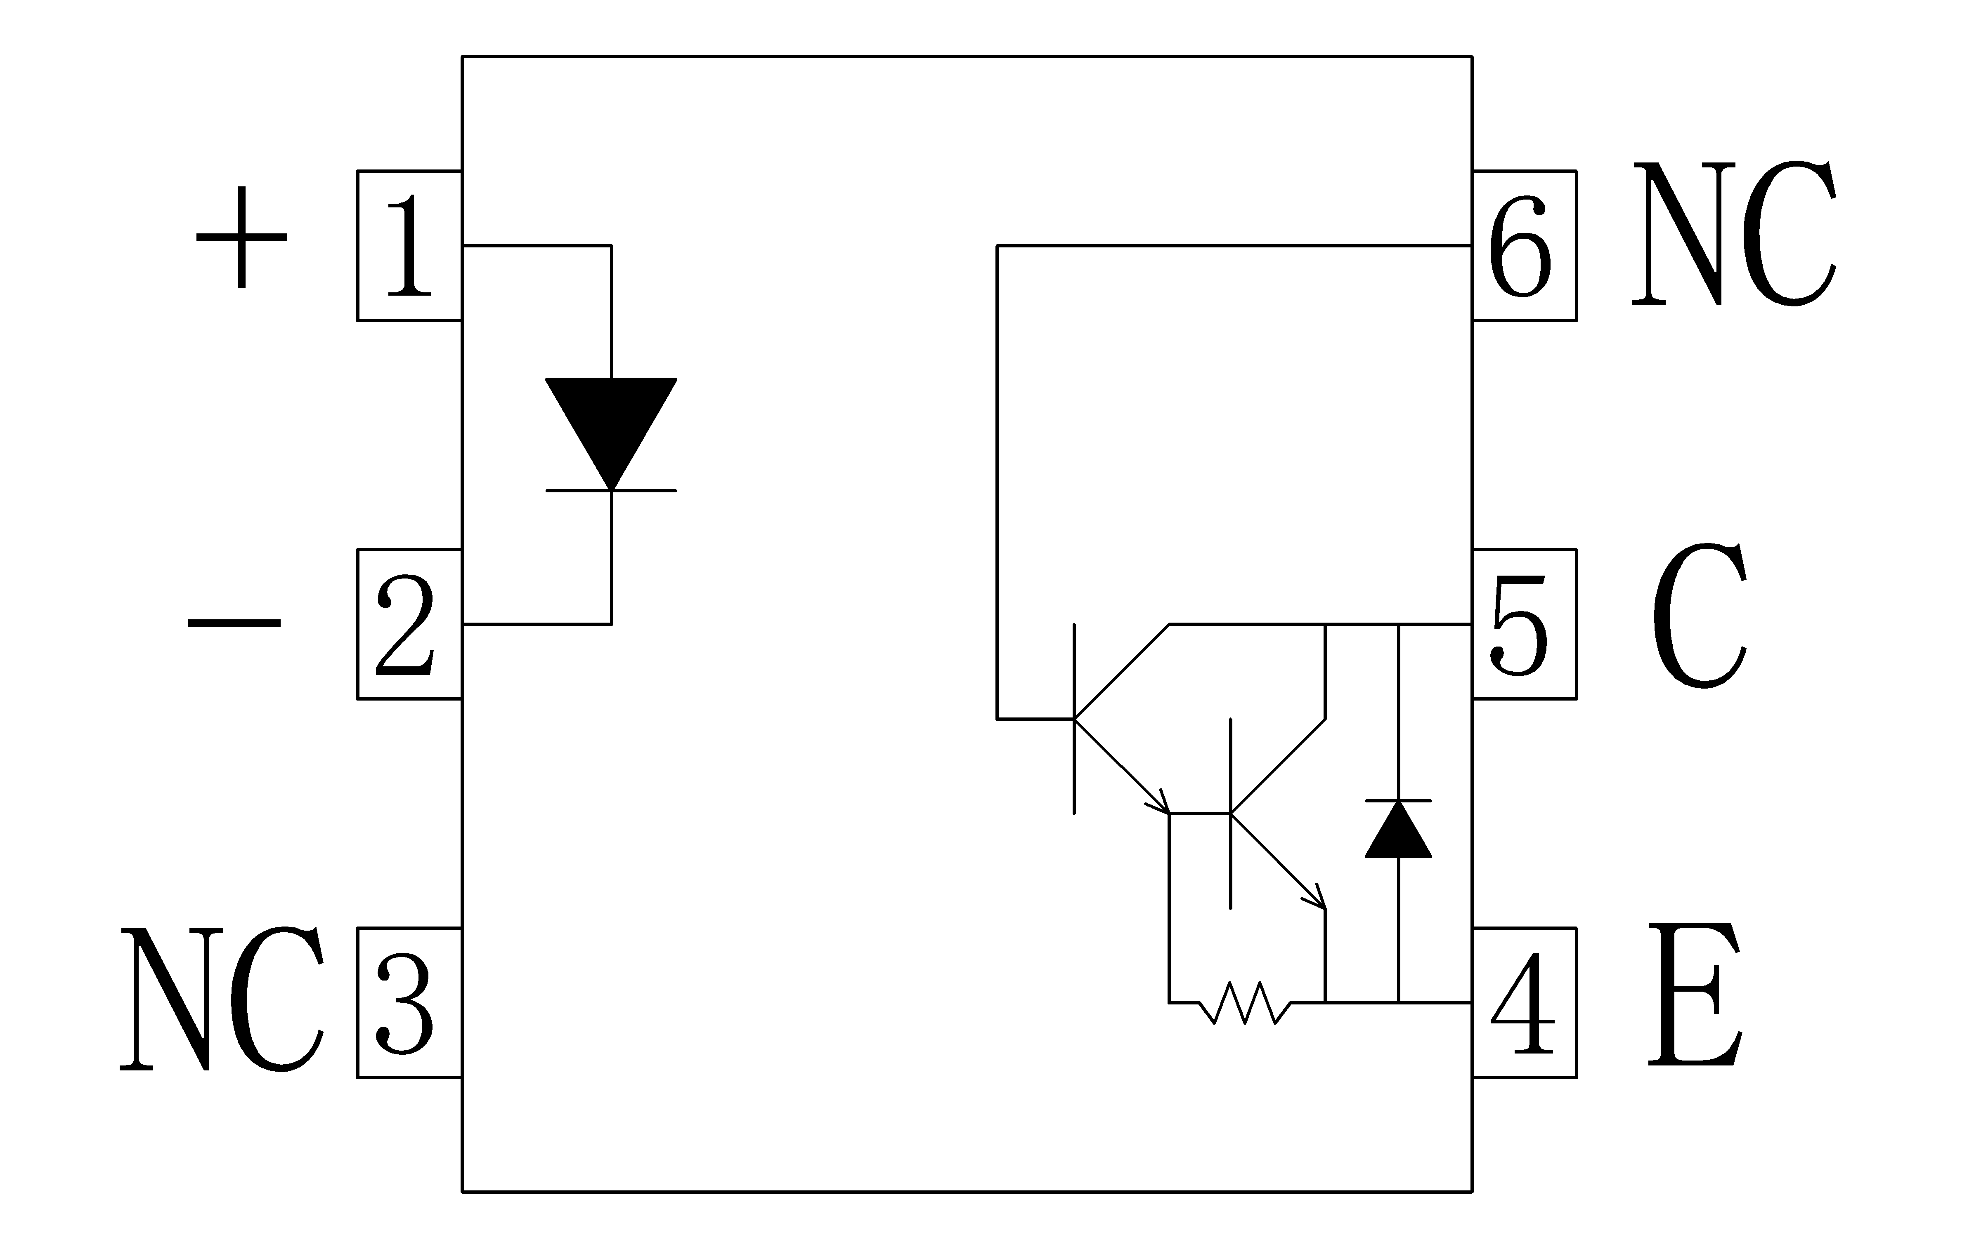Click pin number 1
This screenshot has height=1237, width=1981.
[x=409, y=245]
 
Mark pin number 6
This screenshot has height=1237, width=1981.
[x=1520, y=245]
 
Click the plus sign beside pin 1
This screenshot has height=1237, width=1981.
[x=241, y=237]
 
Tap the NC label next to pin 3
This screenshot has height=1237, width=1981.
[x=223, y=999]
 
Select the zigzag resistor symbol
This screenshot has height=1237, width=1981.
[x=1245, y=1003]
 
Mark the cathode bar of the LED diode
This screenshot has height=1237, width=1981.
[x=612, y=491]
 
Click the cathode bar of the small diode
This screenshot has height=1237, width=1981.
[x=1398, y=800]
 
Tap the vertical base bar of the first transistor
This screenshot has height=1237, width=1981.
[x=1074, y=719]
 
